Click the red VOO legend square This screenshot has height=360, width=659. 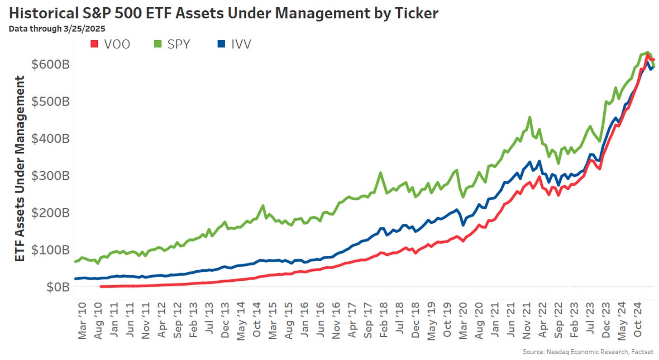coord(95,44)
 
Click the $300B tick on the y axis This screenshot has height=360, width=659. coord(50,175)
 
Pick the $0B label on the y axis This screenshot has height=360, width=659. coord(57,287)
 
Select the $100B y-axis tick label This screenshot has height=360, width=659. coord(50,250)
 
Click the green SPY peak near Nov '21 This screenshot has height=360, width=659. coord(530,117)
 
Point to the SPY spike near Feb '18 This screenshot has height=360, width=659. coord(381,173)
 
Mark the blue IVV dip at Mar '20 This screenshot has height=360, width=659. coord(463,225)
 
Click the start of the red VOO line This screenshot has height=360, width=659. coord(100,287)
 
